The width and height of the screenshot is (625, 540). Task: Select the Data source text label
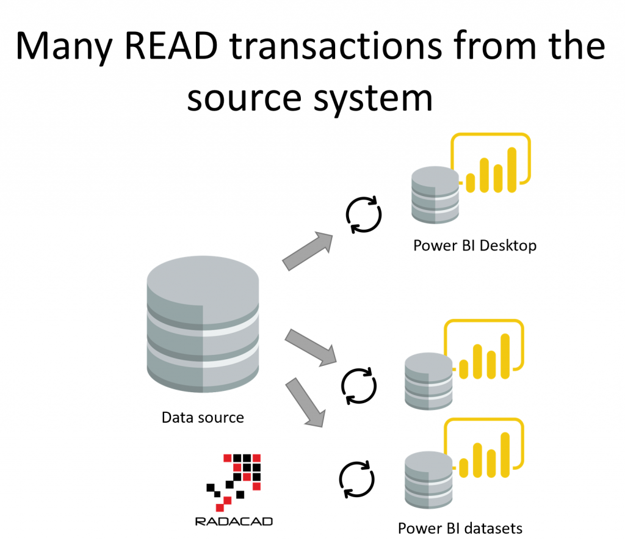coord(203,418)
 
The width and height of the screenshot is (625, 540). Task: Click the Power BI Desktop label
coord(475,246)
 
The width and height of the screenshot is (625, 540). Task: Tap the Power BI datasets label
coord(460,528)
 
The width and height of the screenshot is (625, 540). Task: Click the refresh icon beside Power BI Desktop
coord(364,214)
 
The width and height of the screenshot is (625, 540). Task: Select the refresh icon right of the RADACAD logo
coord(356,479)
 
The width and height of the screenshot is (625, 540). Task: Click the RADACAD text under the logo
coord(234,522)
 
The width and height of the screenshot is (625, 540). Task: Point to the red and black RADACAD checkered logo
coord(234,480)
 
